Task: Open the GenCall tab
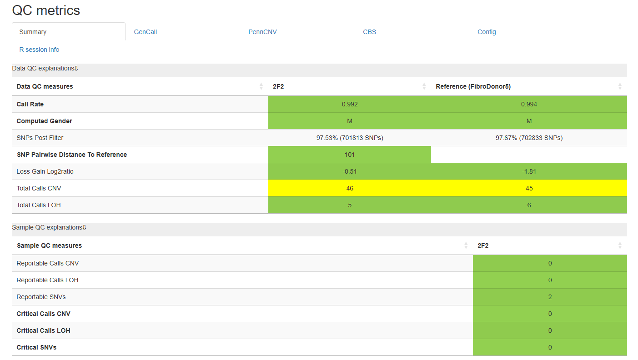pyautogui.click(x=145, y=32)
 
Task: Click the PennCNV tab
pyautogui.click(x=262, y=32)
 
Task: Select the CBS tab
pyautogui.click(x=369, y=32)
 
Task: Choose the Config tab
pyautogui.click(x=487, y=32)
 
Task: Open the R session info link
pyautogui.click(x=39, y=50)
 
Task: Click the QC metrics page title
pyautogui.click(x=46, y=10)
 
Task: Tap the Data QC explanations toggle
pyautogui.click(x=45, y=68)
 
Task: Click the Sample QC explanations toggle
pyautogui.click(x=49, y=227)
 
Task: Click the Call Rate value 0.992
pyautogui.click(x=350, y=104)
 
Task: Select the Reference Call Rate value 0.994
pyautogui.click(x=529, y=104)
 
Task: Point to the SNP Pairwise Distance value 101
pyautogui.click(x=350, y=155)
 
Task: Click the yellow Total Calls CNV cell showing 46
pyautogui.click(x=350, y=188)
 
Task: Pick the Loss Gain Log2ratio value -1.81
pyautogui.click(x=529, y=171)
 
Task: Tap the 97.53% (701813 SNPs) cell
pyautogui.click(x=350, y=138)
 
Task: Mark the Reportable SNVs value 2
pyautogui.click(x=550, y=297)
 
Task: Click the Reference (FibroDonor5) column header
pyautogui.click(x=473, y=86)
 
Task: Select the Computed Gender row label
pyautogui.click(x=44, y=121)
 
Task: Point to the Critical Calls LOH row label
pyautogui.click(x=43, y=330)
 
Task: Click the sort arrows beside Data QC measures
pyautogui.click(x=261, y=86)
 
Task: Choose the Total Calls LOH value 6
pyautogui.click(x=529, y=205)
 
